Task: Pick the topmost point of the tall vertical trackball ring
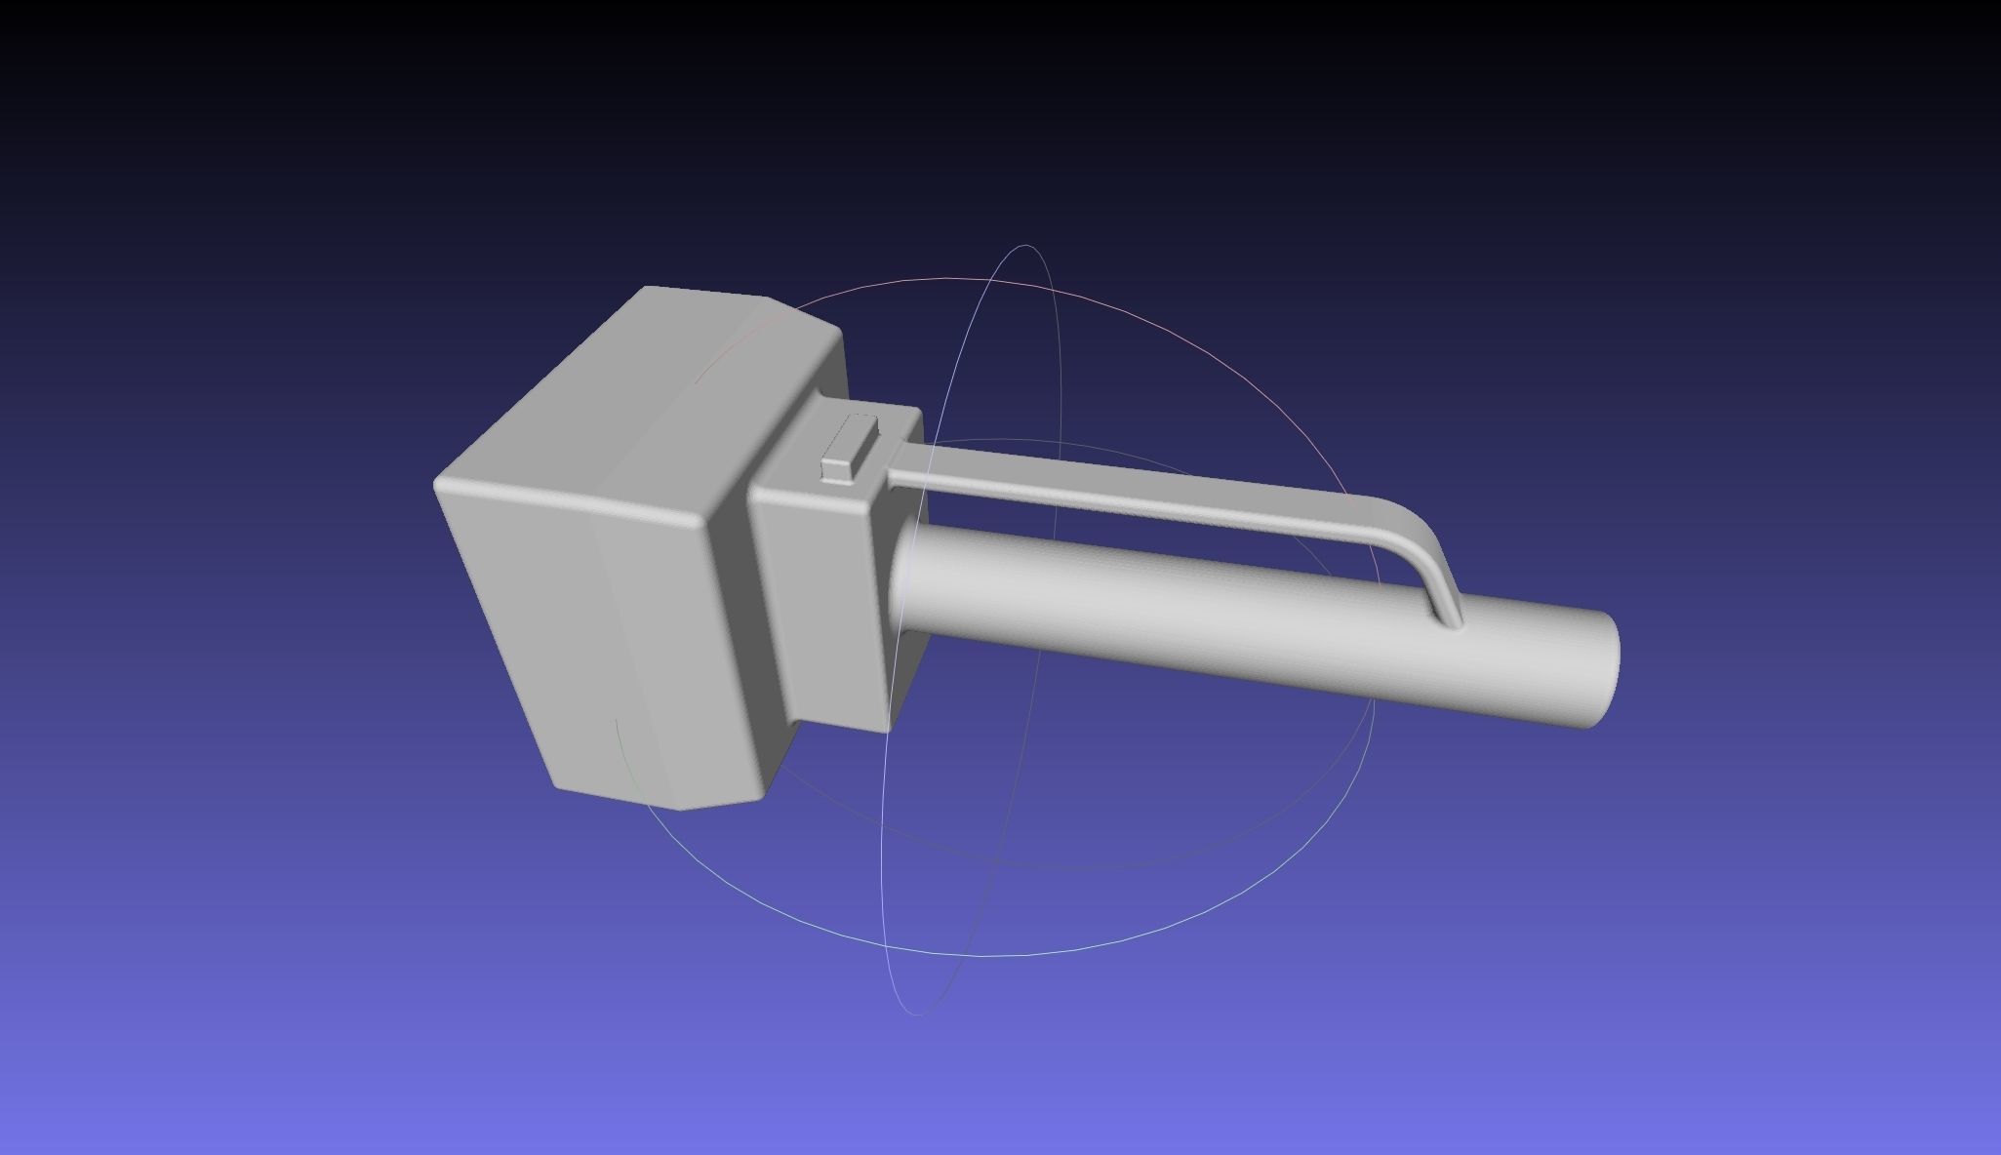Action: click(x=1026, y=246)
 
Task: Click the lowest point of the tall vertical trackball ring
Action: click(x=917, y=1014)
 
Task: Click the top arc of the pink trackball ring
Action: click(x=946, y=279)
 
